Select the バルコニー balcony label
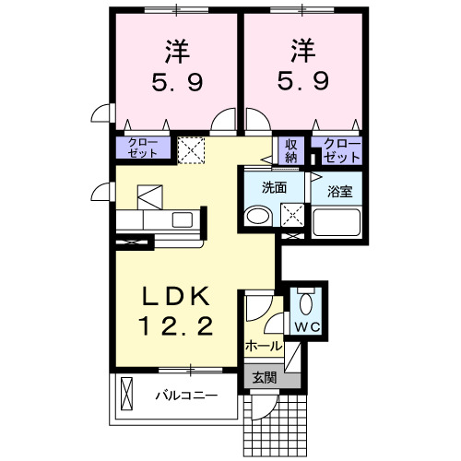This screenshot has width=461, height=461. coord(185,396)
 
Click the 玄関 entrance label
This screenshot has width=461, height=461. coord(264,377)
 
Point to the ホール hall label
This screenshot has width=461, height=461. coord(264,346)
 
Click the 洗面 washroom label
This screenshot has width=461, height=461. coord(274,187)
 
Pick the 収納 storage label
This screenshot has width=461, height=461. coord(291,149)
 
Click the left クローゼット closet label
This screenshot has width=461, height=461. coord(142,148)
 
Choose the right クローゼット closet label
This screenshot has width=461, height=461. coord(342,149)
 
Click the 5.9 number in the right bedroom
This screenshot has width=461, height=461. coord(302,81)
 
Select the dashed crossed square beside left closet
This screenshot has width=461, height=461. coord(192,149)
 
